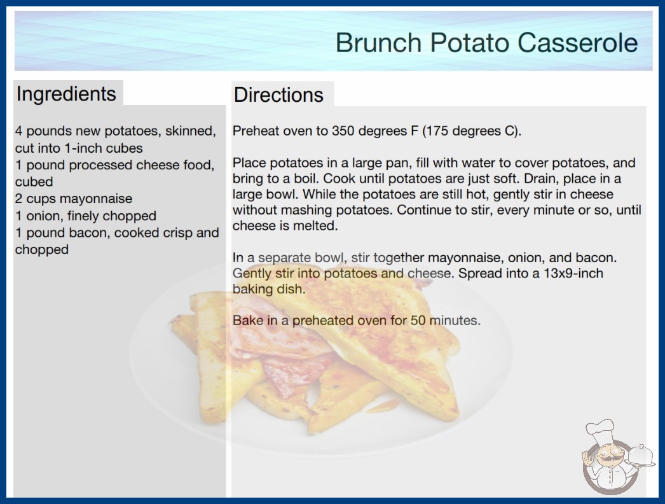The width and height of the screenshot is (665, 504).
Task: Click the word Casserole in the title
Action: pyautogui.click(x=577, y=43)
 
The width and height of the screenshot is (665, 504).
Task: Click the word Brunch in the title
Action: pyautogui.click(x=378, y=43)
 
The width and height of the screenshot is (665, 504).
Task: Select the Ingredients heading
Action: pyautogui.click(x=66, y=94)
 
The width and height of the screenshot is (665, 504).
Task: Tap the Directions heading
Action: pyautogui.click(x=278, y=95)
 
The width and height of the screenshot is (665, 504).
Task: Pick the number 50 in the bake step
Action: pyautogui.click(x=418, y=320)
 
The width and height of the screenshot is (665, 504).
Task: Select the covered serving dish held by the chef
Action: pyautogui.click(x=640, y=456)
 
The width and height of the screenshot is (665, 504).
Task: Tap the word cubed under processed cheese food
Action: pyautogui.click(x=34, y=182)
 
